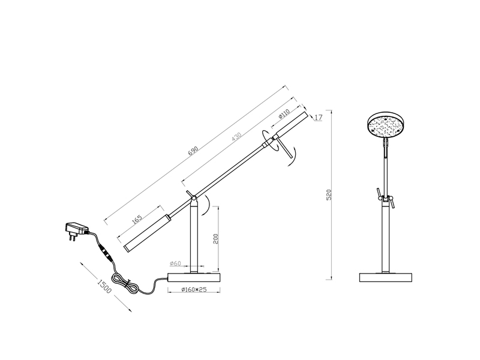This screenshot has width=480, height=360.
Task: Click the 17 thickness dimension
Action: [319, 118]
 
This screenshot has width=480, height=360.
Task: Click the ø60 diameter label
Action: [176, 263]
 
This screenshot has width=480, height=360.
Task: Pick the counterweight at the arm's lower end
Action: [144, 230]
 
